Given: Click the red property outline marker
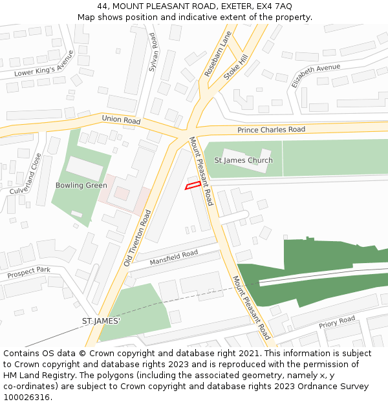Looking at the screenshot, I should tap(192, 186).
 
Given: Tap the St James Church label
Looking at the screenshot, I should tap(243, 160).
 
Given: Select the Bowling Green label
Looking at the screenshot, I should tap(81, 186).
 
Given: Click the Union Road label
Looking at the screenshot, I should tap(121, 120).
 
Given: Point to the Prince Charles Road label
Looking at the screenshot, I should tap(271, 130).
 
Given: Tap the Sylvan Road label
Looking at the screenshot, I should tap(153, 52).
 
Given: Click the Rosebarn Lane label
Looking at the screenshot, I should tap(217, 54).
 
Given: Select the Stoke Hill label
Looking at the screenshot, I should tap(236, 67).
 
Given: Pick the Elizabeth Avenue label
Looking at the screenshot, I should tap(316, 76).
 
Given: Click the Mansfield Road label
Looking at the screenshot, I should tap(173, 258).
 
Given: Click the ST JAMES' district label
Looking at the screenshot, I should tap(101, 321).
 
